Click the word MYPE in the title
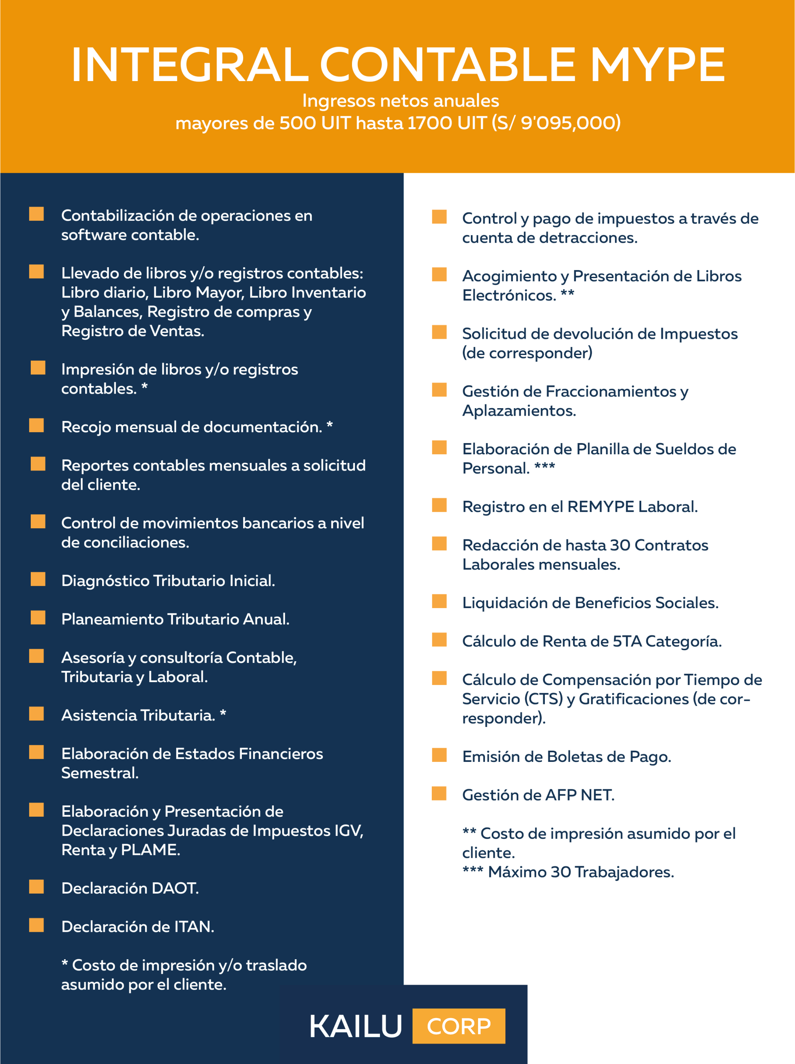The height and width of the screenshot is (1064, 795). point(657,65)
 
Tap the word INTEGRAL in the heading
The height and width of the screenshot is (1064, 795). point(190,65)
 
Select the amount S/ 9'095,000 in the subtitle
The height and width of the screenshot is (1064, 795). point(556,123)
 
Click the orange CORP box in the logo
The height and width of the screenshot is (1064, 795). point(458,1026)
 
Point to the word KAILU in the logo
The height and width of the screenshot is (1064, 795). point(355,1027)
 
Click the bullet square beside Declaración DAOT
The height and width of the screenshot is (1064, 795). point(37,887)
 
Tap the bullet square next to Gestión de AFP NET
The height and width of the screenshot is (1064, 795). point(439,793)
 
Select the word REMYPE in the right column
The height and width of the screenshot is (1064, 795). point(601,507)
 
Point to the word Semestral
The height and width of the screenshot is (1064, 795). point(100,773)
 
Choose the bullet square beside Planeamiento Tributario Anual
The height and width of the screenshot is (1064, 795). point(38,618)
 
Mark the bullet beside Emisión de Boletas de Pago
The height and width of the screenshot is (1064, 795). point(439,755)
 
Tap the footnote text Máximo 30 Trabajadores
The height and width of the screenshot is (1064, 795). point(581,872)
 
